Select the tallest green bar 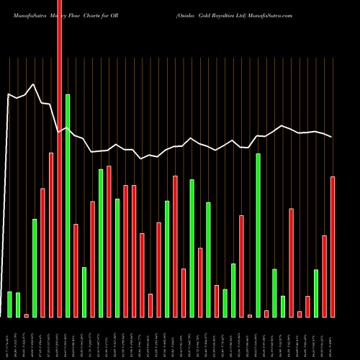pyautogui.click(x=68, y=205)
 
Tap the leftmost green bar pyautogui.click(x=9, y=304)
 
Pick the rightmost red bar pyautogui.click(x=333, y=246)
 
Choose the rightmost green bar pyautogui.click(x=316, y=293)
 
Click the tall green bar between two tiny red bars pyautogui.click(x=258, y=235)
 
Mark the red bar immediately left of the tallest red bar pyautogui.click(x=51, y=234)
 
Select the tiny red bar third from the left pyautogui.click(x=26, y=315)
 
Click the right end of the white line pyautogui.click(x=332, y=137)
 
